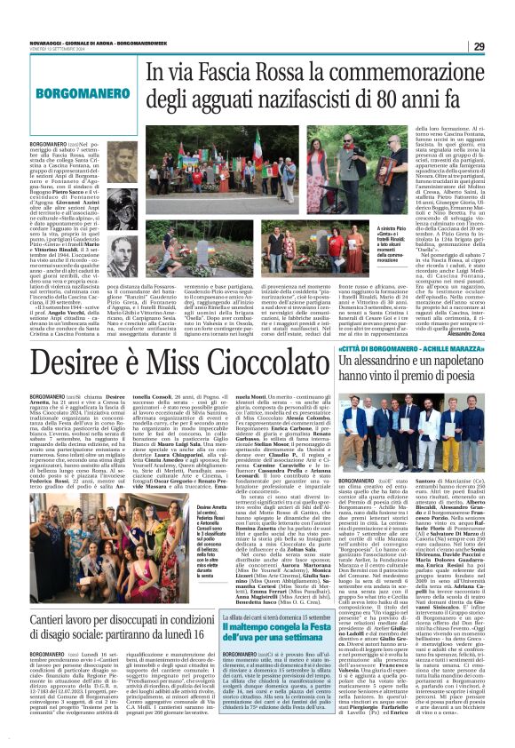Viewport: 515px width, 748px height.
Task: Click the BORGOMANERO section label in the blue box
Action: coord(70,92)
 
